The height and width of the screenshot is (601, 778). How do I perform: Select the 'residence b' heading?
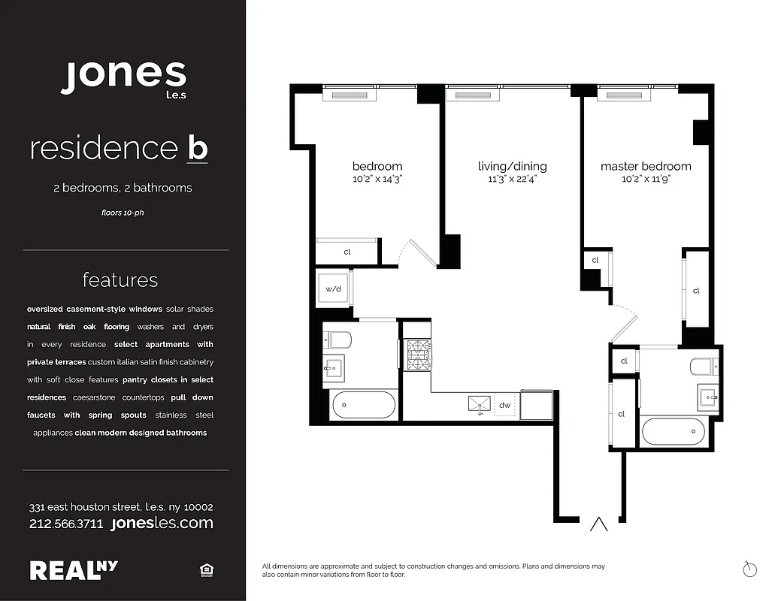pos(119,148)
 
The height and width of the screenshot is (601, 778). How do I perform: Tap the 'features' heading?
pos(120,280)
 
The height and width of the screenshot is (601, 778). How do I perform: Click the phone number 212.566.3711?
pos(66,524)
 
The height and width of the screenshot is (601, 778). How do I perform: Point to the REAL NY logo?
pos(74,570)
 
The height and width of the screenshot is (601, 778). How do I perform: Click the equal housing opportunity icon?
pos(206,571)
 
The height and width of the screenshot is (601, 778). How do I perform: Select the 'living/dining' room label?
pos(513,166)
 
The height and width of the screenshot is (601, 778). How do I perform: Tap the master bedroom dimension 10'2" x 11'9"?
pos(645,180)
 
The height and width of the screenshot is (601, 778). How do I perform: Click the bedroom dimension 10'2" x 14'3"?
pos(377,180)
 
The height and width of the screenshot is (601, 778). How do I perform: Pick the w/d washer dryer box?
pos(333,288)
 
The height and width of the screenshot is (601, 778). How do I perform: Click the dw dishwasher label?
pos(504,406)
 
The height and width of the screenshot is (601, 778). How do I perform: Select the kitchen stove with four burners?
pos(416,355)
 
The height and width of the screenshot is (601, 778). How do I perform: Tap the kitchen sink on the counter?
pos(478,405)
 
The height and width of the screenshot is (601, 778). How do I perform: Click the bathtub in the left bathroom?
pos(363,405)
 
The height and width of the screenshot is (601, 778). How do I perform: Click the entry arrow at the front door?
pos(599,524)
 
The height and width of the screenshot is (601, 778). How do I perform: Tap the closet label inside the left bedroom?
pos(347,252)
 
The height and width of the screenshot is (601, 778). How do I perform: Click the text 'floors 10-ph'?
pos(123,213)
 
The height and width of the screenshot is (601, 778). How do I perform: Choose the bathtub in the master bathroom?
pos(674,433)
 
